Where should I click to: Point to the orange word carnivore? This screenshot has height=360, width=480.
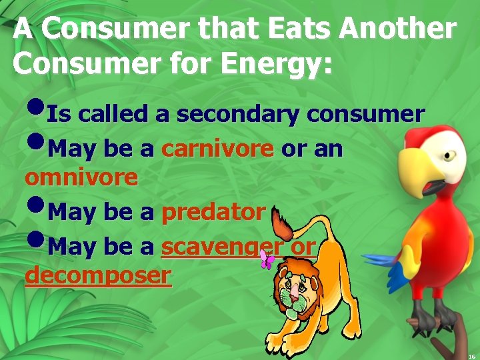(x=217, y=149)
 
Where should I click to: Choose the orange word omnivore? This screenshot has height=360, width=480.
(x=81, y=177)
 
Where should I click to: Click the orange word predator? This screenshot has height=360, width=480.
(x=213, y=212)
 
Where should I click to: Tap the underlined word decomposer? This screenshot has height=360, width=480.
(x=97, y=275)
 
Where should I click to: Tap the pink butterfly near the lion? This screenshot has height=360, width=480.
(x=267, y=260)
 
